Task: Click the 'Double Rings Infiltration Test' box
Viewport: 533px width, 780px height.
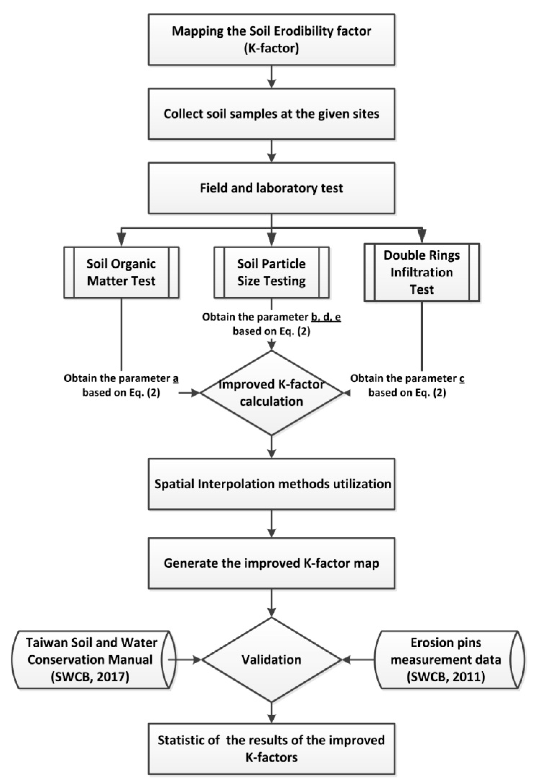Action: coord(422,272)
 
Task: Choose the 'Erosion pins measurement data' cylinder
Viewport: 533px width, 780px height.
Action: coord(446,659)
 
